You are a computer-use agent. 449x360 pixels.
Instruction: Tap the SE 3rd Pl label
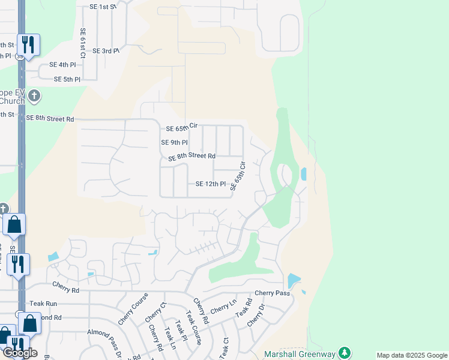106,51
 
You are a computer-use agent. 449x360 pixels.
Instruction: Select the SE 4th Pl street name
63,65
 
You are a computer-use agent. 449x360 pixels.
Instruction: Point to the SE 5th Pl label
67,79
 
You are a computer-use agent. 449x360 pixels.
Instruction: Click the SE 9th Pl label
175,143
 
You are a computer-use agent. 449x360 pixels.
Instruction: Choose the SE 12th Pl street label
211,184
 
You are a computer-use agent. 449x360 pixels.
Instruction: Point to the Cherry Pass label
272,293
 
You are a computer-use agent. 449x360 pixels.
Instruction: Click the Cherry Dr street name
256,315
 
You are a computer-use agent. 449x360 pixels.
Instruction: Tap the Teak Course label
194,327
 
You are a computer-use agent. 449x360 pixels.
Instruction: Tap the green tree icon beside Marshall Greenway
345,352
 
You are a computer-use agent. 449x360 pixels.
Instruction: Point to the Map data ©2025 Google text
411,355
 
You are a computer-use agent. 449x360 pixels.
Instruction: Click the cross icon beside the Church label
35,95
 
